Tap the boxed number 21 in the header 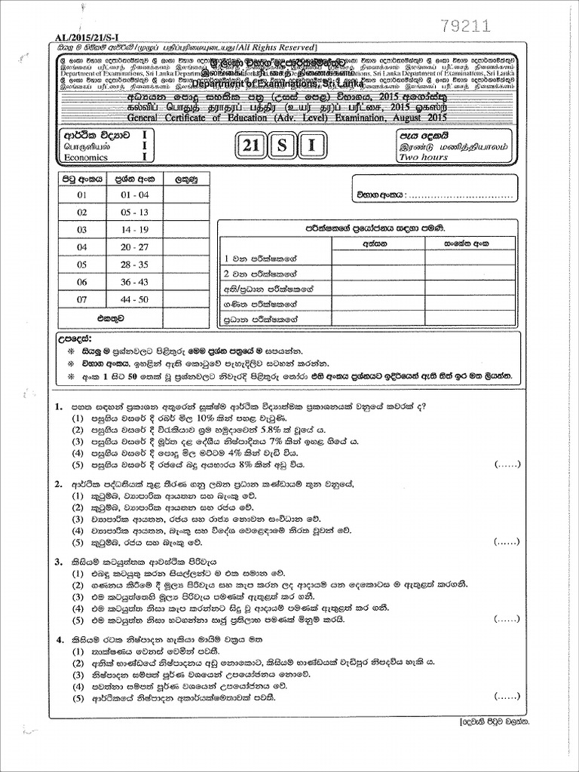coord(251,146)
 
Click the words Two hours coord(424,157)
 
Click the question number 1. coord(57,406)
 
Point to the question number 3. coord(57,562)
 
